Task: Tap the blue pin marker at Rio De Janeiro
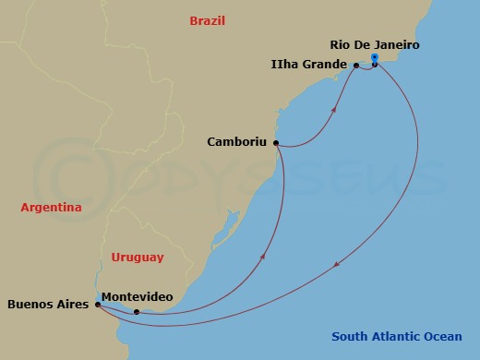click(x=374, y=60)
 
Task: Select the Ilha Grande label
click(x=308, y=65)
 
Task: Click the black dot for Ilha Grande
click(x=356, y=66)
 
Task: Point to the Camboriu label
click(x=238, y=143)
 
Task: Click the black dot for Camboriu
click(x=278, y=144)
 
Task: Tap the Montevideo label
click(x=137, y=295)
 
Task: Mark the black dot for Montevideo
click(x=137, y=312)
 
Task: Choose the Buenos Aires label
click(x=48, y=303)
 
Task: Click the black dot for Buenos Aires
click(x=98, y=304)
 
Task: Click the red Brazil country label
click(x=207, y=20)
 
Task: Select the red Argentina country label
click(x=52, y=208)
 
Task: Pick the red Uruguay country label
click(x=137, y=258)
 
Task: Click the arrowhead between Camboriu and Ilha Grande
click(x=334, y=108)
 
